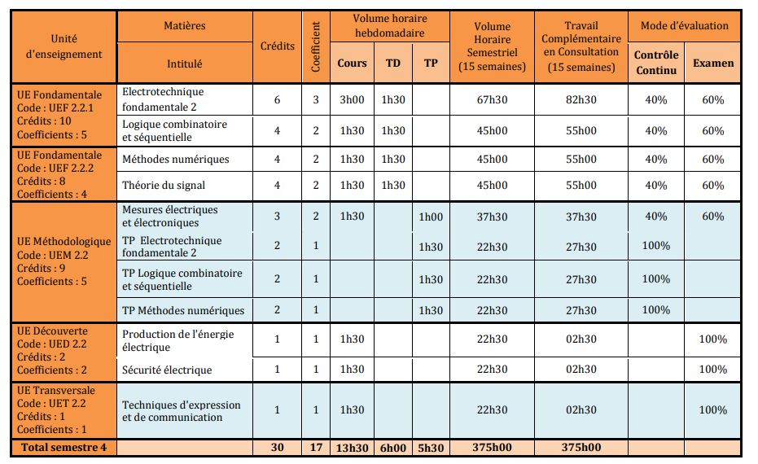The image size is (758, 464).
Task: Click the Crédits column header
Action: (x=277, y=46)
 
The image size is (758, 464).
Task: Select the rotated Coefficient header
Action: (x=315, y=46)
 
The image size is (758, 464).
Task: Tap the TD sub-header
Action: (x=392, y=63)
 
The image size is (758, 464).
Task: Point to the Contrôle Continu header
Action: (x=655, y=62)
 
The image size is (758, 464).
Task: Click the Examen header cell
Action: (x=712, y=63)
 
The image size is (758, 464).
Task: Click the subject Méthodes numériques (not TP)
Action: (x=175, y=159)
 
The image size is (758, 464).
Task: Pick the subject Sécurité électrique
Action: (x=167, y=370)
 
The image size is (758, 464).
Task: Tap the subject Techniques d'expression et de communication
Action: (x=181, y=411)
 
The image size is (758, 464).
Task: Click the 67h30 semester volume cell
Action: (x=491, y=99)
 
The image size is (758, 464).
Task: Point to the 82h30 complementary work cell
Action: (x=581, y=99)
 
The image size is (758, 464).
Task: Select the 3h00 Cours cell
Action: (x=352, y=99)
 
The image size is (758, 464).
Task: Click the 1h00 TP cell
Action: (x=431, y=216)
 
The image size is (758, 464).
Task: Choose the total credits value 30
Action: (x=277, y=447)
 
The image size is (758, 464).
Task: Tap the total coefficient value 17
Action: (x=315, y=447)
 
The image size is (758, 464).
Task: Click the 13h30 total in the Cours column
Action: (x=352, y=447)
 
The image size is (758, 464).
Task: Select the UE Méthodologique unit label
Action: (x=64, y=261)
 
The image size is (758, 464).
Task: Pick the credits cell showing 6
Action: (x=277, y=99)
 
